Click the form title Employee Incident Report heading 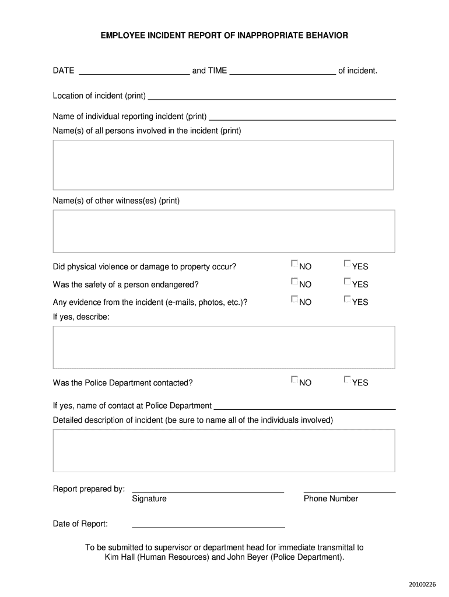pos(224,36)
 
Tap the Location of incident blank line pos(272,97)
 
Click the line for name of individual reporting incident pos(303,117)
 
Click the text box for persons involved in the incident pos(223,165)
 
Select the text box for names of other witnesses pos(223,231)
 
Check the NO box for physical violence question pos(294,264)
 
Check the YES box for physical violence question pos(347,264)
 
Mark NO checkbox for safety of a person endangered pos(294,282)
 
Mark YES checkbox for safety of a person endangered pos(347,282)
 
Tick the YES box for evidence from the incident pos(347,299)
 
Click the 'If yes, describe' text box pos(223,347)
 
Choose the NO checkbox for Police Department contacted pos(294,380)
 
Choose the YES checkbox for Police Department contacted pos(347,380)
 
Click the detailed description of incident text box pos(223,451)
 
